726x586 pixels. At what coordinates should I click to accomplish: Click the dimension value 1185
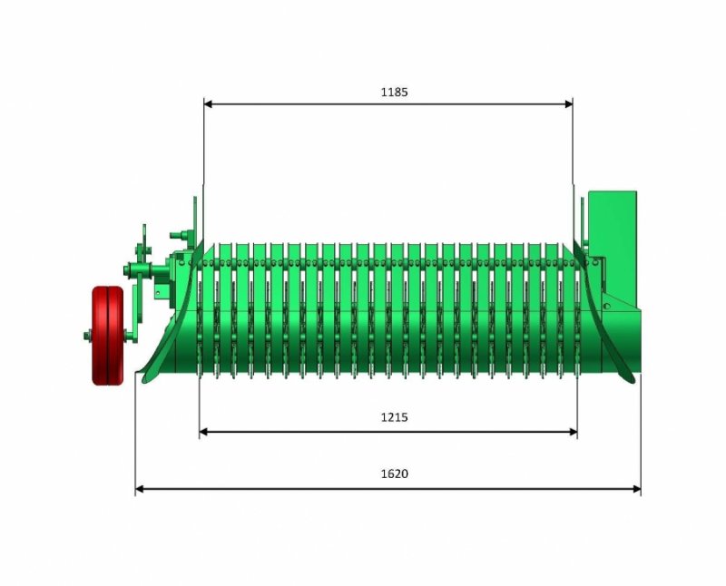395,93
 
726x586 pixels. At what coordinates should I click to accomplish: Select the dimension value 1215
395,417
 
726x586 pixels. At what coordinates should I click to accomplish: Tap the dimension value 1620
395,474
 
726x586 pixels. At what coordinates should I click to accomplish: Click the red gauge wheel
108,336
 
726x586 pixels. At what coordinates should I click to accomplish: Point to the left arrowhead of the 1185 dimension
208,104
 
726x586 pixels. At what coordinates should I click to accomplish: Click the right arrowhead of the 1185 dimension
569,104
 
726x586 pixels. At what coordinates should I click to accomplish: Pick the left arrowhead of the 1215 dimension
203,433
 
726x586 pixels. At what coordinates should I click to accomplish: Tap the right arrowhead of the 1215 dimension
574,433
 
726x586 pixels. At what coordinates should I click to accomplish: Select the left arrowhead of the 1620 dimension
140,489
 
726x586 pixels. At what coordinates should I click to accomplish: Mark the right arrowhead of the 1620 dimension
637,489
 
